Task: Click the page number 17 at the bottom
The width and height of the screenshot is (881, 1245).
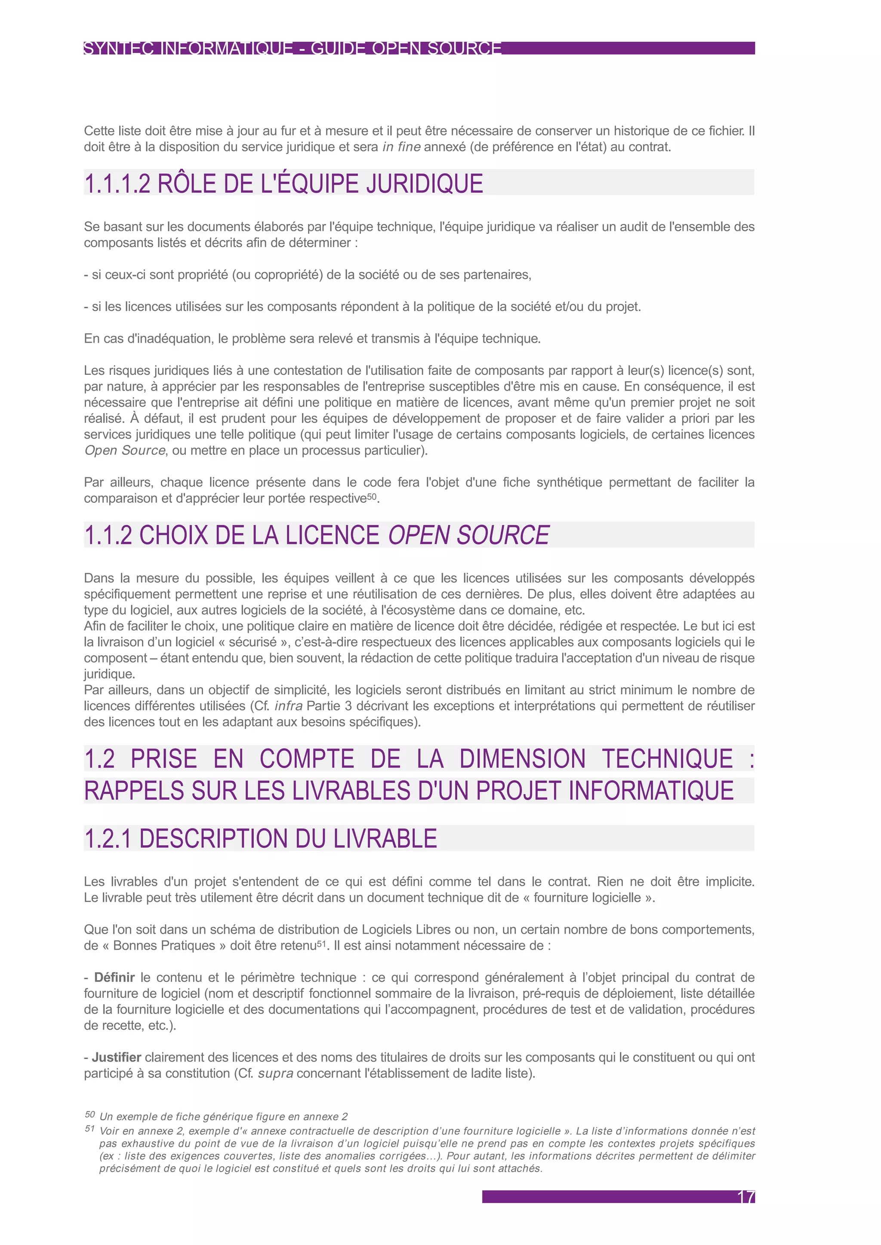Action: coord(746,1197)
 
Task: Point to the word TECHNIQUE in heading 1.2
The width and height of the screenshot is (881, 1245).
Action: coord(667,759)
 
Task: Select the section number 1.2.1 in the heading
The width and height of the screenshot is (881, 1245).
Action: coord(108,838)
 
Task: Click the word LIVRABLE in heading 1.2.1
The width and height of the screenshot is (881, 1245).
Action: coord(385,838)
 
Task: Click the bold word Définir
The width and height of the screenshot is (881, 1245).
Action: coord(114,977)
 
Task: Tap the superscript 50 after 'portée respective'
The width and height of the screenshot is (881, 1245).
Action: coord(372,496)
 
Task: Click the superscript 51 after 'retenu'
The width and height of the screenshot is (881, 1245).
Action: coord(322,943)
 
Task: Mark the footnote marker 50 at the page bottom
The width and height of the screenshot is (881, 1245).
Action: coord(89,1114)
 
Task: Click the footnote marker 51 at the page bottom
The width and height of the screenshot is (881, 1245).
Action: coord(89,1129)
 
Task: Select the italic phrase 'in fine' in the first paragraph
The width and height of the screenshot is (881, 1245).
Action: coord(401,147)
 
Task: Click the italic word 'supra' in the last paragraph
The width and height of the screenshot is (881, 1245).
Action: coord(276,1073)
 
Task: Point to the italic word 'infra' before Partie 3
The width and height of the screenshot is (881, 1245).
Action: coord(289,706)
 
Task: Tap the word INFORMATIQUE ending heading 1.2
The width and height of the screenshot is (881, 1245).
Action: coord(651,791)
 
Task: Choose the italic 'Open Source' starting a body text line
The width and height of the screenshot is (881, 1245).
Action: coord(125,451)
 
